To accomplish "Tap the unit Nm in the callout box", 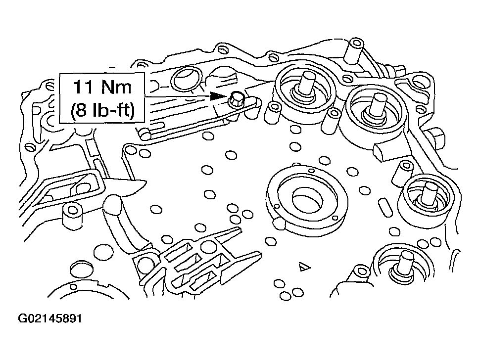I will pyautogui.click(x=117, y=88).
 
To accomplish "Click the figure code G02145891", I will pyautogui.click(x=49, y=318).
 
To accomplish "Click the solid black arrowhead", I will pyautogui.click(x=216, y=96).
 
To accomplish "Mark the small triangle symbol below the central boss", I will pyautogui.click(x=303, y=267).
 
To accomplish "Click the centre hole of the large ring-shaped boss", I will pyautogui.click(x=307, y=199).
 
